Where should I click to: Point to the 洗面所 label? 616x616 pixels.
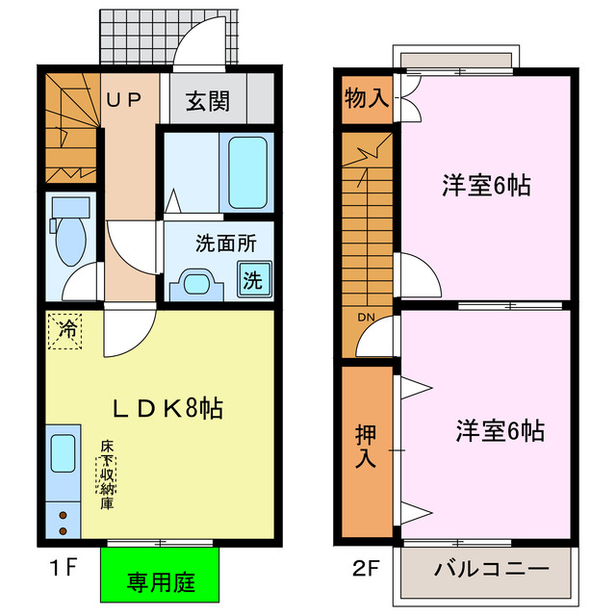tap(225, 244)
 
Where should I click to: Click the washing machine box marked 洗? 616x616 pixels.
tap(251, 281)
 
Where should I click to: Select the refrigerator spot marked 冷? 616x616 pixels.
tap(67, 330)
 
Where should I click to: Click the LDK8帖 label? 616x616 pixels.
tap(169, 408)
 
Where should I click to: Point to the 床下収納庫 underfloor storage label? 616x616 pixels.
tap(105, 475)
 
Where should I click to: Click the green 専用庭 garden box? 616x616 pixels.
tap(161, 581)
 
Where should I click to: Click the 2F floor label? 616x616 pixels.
tap(364, 568)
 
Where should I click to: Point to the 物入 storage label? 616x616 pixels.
tap(366, 99)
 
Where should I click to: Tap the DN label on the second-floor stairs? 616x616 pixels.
tap(366, 319)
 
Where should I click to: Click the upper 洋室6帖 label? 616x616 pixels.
tap(487, 185)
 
